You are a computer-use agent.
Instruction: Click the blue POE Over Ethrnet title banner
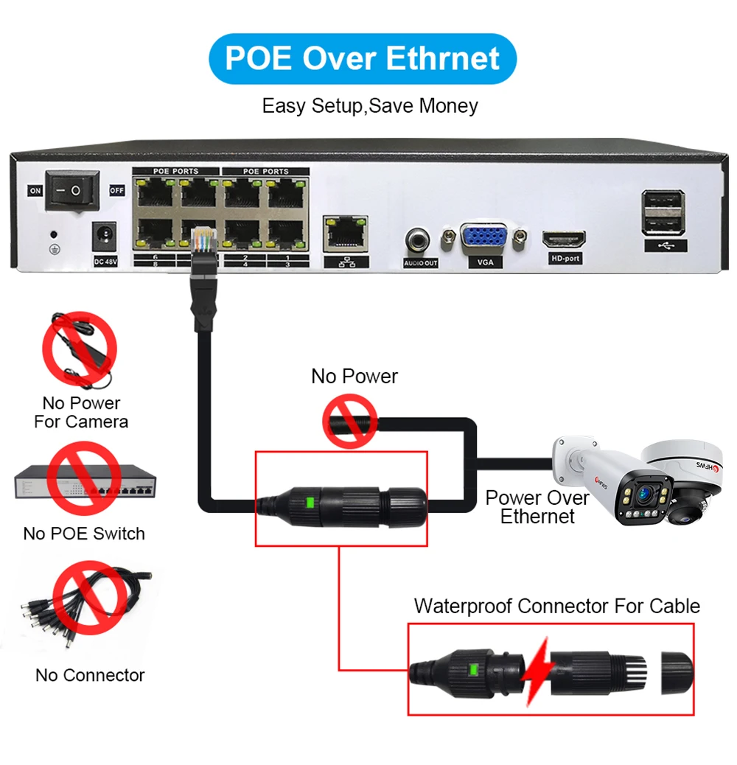[x=363, y=58]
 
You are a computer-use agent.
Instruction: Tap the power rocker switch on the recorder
[x=72, y=190]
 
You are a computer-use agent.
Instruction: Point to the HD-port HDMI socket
[x=565, y=240]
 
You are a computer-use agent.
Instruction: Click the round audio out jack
[x=420, y=240]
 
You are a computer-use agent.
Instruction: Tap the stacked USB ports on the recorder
[x=663, y=213]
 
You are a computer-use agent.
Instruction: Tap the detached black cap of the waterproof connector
[x=677, y=671]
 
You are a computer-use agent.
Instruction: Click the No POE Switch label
[x=84, y=534]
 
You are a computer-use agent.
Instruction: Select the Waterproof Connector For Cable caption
[x=556, y=606]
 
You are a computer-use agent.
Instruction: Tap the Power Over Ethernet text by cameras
[x=537, y=507]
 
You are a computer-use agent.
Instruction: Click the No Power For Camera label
[x=80, y=413]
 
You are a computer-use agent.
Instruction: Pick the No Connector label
[x=90, y=675]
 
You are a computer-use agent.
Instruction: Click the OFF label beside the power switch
[x=117, y=190]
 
